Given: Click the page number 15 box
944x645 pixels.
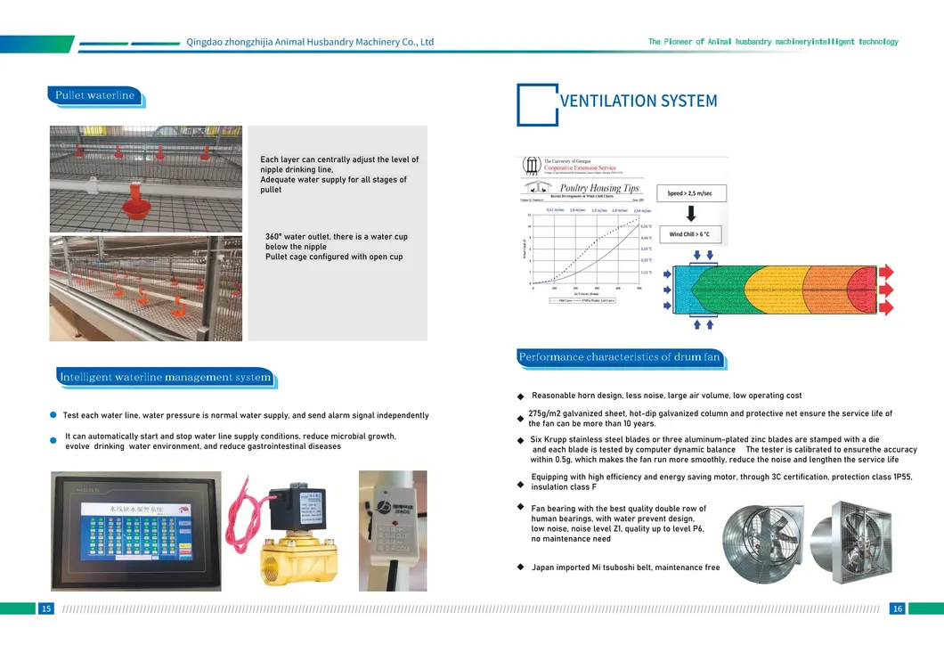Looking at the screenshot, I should [46, 608].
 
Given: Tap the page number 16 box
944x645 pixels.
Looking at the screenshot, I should [897, 608].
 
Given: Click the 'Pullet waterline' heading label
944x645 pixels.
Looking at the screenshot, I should [95, 95].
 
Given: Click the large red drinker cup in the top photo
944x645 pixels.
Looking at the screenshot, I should [135, 206].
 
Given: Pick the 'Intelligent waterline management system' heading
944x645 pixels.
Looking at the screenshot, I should [165, 377].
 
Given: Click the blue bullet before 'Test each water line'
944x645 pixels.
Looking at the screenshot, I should [53, 415].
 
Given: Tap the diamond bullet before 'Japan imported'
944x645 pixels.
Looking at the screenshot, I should [521, 567].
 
